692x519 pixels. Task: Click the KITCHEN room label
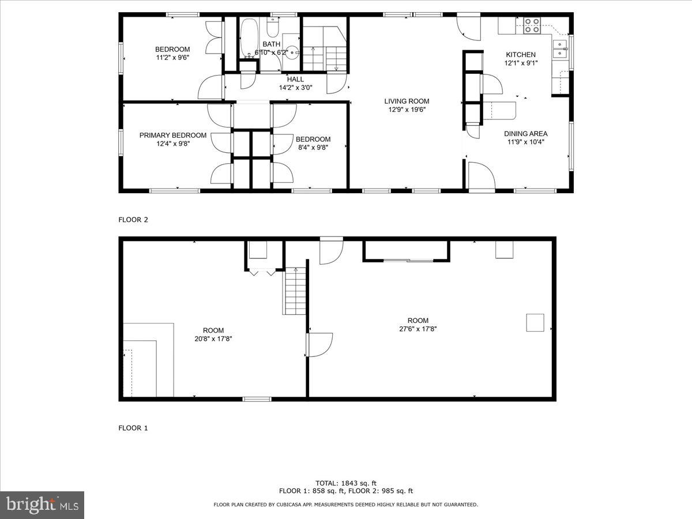pos(521,55)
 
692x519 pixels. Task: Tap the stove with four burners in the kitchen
pos(532,24)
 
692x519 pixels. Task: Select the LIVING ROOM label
pos(407,101)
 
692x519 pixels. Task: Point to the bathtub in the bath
pos(249,38)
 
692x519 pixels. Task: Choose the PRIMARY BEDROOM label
pos(172,136)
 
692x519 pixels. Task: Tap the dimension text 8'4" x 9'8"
pos(313,147)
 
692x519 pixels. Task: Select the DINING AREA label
pos(525,134)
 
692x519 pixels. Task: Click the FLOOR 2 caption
pos(133,219)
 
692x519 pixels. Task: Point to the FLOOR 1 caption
pos(133,428)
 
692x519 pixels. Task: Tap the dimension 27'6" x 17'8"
pos(418,329)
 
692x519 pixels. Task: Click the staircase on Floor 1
pos(294,291)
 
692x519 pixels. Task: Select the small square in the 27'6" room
pos(535,322)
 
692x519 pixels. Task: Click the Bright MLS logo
pos(42,505)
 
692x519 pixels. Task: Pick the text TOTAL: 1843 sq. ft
pos(346,483)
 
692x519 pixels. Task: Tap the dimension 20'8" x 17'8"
pos(213,339)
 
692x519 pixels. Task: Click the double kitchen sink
pos(560,48)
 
